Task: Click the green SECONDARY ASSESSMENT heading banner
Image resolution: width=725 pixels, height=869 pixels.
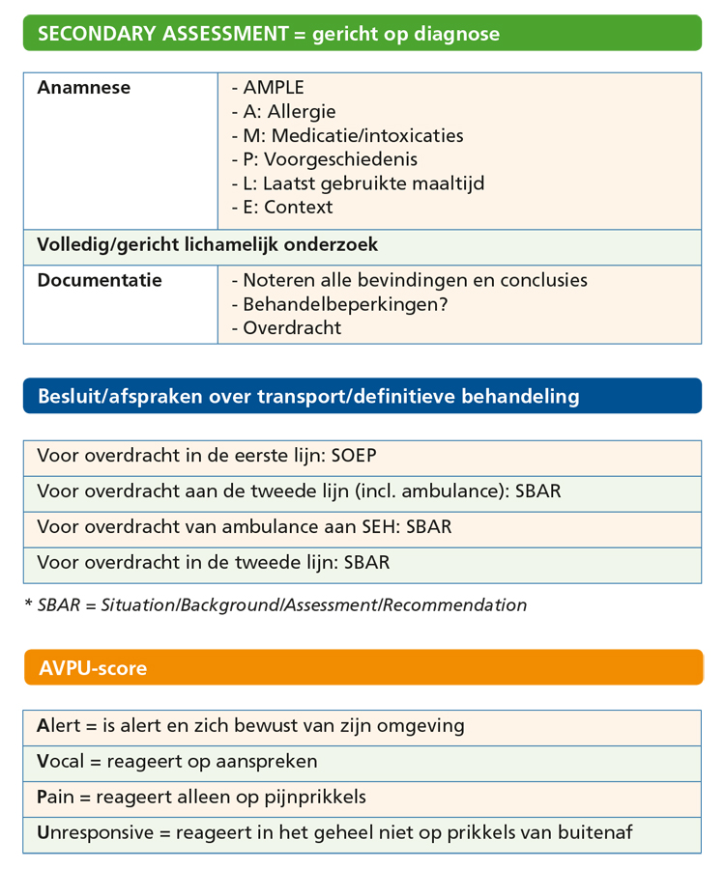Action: click(362, 34)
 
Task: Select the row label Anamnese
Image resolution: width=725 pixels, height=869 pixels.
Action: click(83, 88)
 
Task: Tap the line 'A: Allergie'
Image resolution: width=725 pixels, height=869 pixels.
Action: click(284, 112)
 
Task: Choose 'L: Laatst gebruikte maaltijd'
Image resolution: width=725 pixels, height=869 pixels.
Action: click(358, 182)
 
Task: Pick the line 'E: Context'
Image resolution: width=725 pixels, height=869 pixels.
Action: click(282, 207)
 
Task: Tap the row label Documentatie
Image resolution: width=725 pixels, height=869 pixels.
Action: click(99, 281)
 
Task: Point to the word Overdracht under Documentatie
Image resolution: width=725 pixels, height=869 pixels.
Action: click(292, 328)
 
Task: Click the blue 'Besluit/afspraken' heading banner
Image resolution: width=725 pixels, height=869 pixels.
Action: click(362, 396)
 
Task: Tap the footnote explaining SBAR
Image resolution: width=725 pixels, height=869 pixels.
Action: click(275, 605)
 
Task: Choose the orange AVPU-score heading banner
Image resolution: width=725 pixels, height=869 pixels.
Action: click(362, 667)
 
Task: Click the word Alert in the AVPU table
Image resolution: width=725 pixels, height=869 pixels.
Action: click(60, 725)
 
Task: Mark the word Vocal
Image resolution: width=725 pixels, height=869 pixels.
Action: click(60, 761)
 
